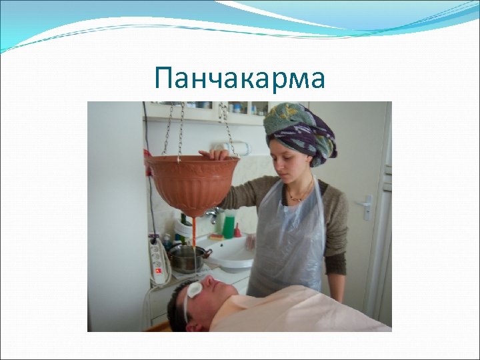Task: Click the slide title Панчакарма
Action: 239,79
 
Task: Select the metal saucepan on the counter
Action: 187,257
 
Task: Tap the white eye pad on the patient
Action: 195,289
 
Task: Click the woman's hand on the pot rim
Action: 217,154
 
